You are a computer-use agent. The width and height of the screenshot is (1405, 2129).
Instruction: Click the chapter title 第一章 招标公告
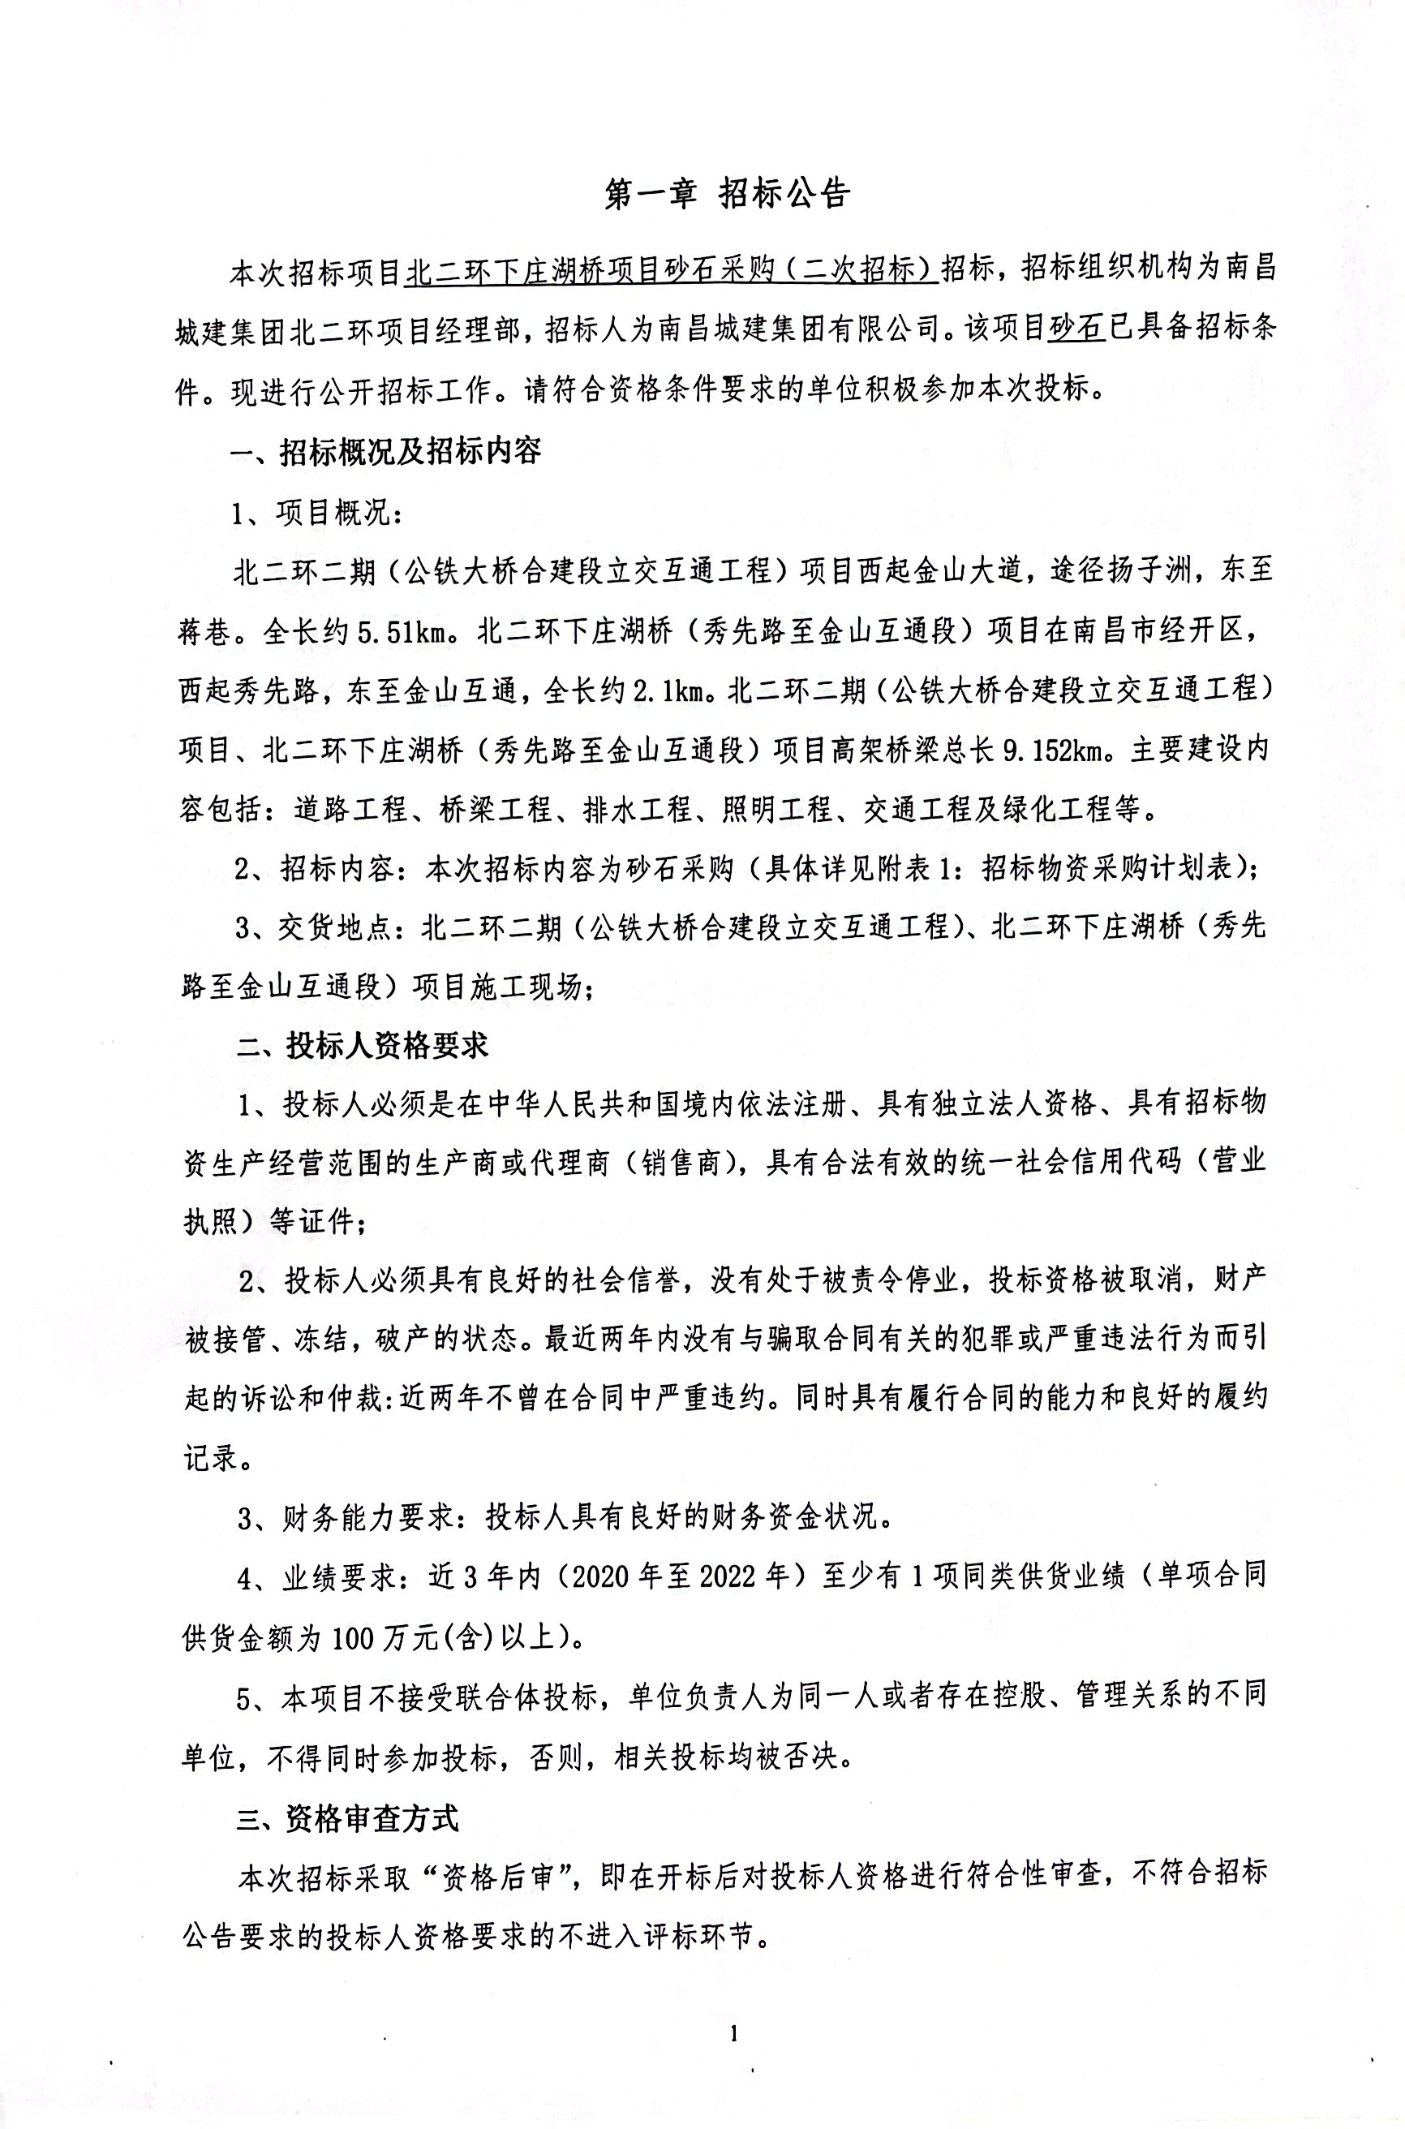coord(727,195)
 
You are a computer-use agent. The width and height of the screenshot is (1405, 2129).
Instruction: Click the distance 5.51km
coord(402,633)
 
